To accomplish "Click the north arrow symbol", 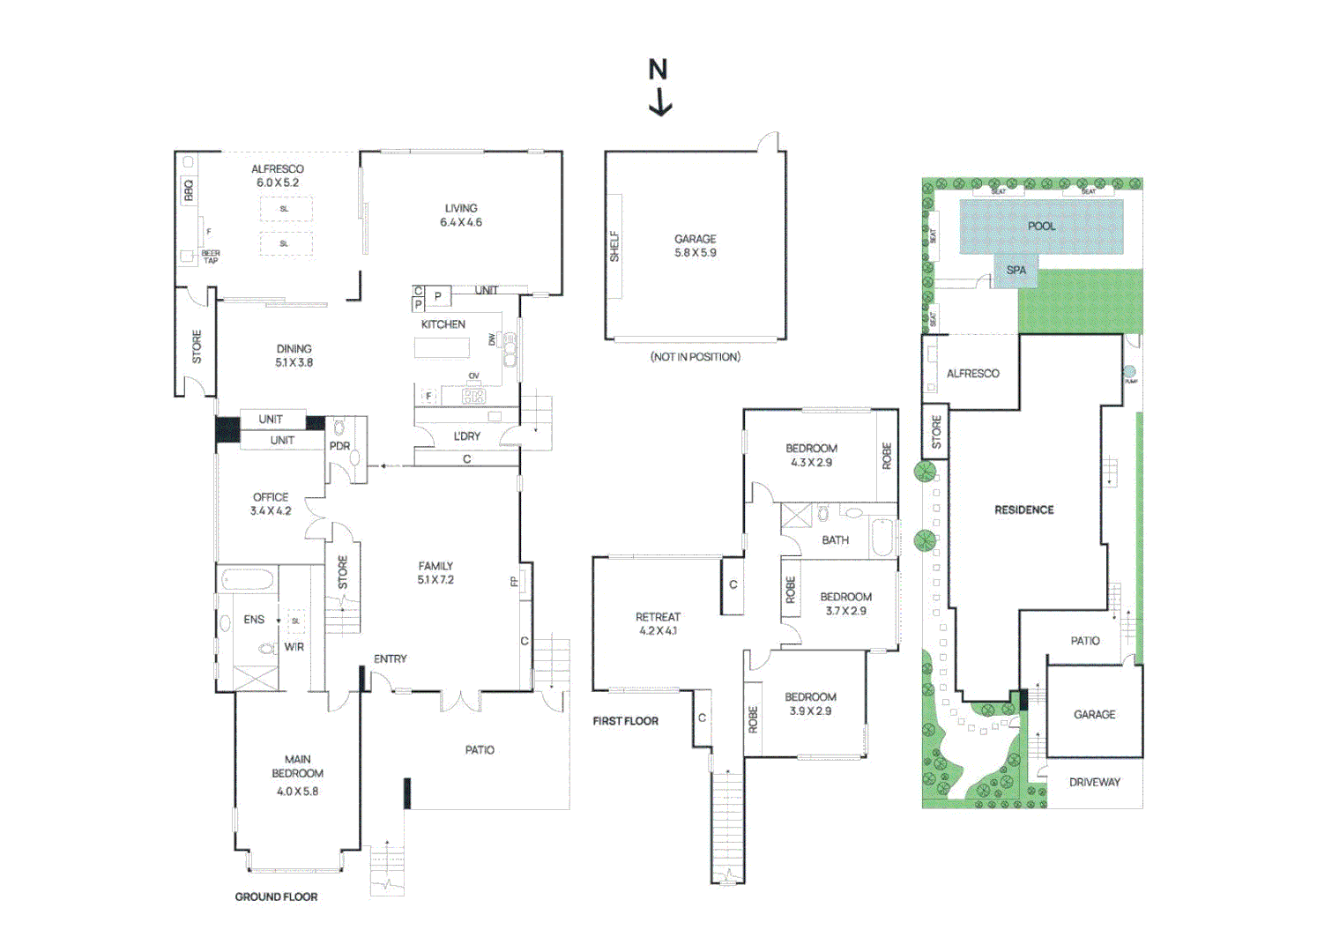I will click(x=659, y=87).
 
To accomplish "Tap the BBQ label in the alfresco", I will click(x=188, y=190).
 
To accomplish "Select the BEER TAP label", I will click(x=211, y=257).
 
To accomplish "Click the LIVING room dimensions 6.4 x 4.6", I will click(x=461, y=222).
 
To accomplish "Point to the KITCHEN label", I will click(x=443, y=324).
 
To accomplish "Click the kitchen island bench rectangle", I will click(x=442, y=347).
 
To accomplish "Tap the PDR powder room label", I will click(x=339, y=446).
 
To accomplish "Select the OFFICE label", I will click(x=271, y=497).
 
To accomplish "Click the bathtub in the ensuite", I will click(x=247, y=580).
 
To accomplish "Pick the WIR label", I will click(x=294, y=647).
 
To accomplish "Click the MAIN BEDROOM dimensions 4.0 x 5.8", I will click(x=297, y=792).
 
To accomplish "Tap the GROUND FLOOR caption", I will click(x=276, y=896).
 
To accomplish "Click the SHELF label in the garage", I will click(x=614, y=247).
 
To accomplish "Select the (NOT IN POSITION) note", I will click(x=695, y=357).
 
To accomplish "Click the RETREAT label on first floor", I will click(x=658, y=617).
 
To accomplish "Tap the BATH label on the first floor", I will click(x=835, y=540).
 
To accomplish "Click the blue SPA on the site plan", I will click(x=1016, y=271).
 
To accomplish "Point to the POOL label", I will click(x=1041, y=226).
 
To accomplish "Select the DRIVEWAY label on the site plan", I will click(x=1094, y=782).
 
